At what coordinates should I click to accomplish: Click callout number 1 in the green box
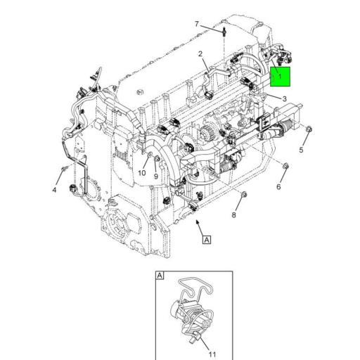pyautogui.click(x=280, y=73)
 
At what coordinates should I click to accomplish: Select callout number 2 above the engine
pyautogui.click(x=200, y=53)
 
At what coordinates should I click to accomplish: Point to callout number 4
pyautogui.click(x=53, y=191)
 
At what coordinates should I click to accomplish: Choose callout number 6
pyautogui.click(x=278, y=186)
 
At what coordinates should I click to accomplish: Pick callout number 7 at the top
pyautogui.click(x=197, y=25)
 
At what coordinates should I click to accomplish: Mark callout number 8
pyautogui.click(x=234, y=214)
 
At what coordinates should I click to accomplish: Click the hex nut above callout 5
pyautogui.click(x=309, y=129)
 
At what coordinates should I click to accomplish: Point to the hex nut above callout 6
pyautogui.click(x=287, y=166)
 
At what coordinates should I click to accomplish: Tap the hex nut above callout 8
pyautogui.click(x=243, y=193)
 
